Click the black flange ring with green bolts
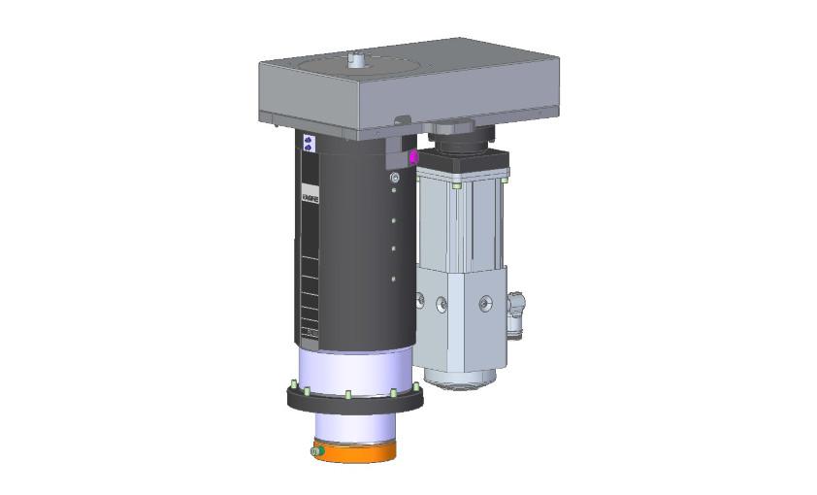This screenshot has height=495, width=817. click(353, 400)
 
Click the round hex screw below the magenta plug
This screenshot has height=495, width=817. click(393, 179)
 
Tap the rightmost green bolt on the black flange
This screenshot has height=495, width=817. click(417, 386)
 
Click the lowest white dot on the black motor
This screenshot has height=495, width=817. click(392, 278)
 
